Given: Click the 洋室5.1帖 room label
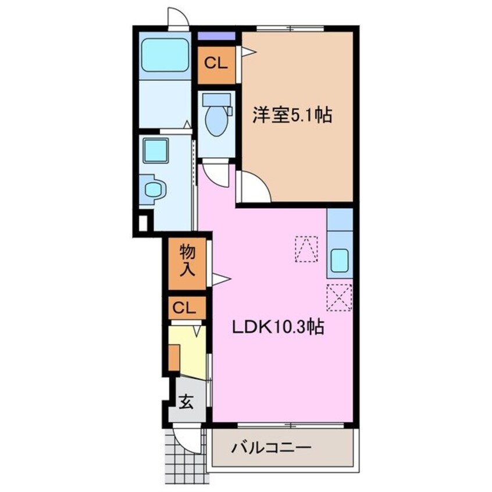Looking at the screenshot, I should pos(291,116).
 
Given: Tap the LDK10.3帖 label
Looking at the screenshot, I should pos(279,328).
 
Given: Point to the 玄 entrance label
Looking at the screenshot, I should pos(186,401).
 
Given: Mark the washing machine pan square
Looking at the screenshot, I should pos(155,150).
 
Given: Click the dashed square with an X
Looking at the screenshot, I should pos(338,297).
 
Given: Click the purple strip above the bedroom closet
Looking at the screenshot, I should pos(216,36).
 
